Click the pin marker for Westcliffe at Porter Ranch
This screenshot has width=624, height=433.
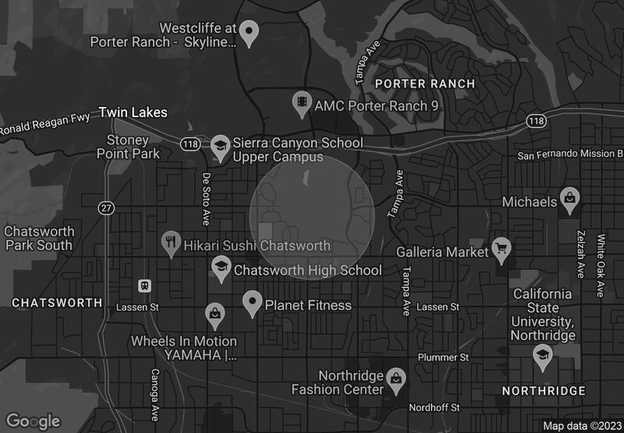[248, 32]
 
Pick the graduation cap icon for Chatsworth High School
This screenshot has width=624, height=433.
[221, 268]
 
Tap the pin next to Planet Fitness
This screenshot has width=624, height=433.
[252, 302]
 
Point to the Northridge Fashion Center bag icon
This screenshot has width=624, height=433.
[396, 378]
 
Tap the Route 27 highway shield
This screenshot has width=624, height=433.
[106, 208]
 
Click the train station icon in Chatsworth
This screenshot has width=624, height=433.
[144, 286]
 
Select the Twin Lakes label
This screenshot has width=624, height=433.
[133, 113]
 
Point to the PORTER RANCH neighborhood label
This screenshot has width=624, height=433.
[424, 83]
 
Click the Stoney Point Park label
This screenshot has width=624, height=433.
[128, 147]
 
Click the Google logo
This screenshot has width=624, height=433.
[34, 421]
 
